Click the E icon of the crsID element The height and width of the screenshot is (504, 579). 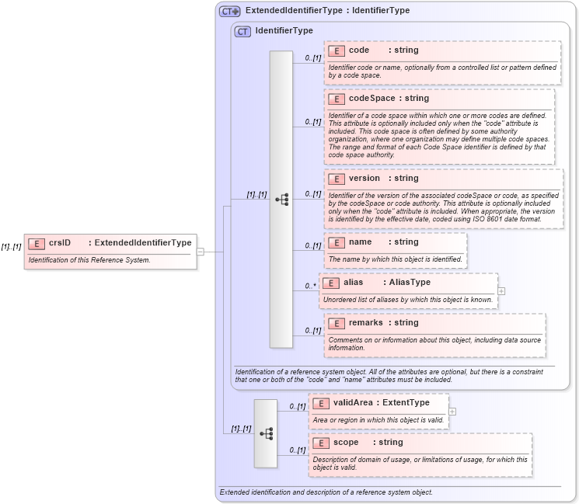[x=36, y=243]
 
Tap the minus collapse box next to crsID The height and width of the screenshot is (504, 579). [x=200, y=252]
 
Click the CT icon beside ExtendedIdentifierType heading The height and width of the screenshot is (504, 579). [x=229, y=11]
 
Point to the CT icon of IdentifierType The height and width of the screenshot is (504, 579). [x=242, y=31]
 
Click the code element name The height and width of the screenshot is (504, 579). [x=358, y=50]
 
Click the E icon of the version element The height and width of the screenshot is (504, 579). [x=336, y=179]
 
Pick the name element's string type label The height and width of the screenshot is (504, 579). [x=406, y=242]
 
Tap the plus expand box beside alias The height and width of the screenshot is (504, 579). [x=501, y=291]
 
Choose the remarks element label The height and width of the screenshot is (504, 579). [x=365, y=323]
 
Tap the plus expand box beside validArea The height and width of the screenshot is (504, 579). [x=452, y=412]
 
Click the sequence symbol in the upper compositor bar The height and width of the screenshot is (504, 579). [x=281, y=200]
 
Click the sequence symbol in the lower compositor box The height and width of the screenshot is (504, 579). [x=266, y=433]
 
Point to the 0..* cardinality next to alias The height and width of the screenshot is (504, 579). [x=311, y=286]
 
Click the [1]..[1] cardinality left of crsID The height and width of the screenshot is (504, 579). [x=11, y=247]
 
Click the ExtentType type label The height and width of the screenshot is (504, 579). [x=406, y=403]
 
